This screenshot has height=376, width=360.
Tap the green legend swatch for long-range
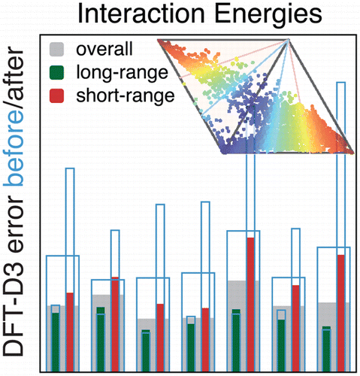54,74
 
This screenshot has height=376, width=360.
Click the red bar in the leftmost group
70,331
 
